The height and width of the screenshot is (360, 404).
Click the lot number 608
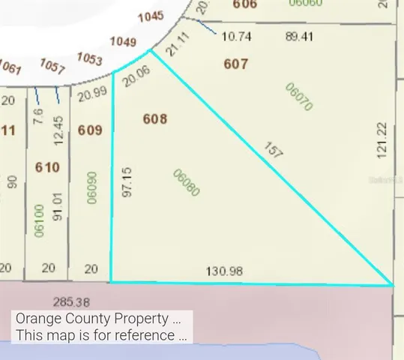coord(154,118)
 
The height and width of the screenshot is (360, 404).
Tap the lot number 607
coord(235,64)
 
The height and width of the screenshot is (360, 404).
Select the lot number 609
coord(89,130)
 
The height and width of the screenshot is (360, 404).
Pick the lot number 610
coord(46,167)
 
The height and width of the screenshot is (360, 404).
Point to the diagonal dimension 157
coord(274,150)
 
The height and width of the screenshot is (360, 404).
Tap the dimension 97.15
coord(127,181)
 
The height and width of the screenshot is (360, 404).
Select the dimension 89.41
coord(301,35)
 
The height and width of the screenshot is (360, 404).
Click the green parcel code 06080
coord(186,181)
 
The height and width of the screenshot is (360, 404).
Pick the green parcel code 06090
coord(92,187)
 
